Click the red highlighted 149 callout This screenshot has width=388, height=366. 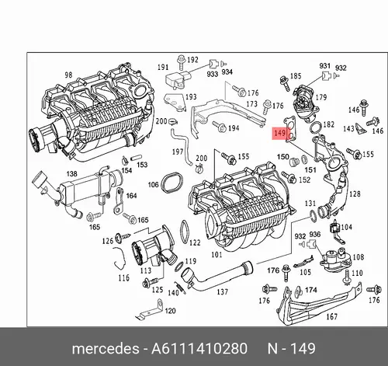click(279, 134)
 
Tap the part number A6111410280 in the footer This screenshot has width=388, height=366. click(199, 348)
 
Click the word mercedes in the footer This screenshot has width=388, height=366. click(106, 349)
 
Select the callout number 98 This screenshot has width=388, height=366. click(68, 75)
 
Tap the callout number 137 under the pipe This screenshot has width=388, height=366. click(222, 292)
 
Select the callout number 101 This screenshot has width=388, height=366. click(217, 255)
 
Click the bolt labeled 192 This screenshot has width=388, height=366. click(182, 62)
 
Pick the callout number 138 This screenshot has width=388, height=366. click(71, 173)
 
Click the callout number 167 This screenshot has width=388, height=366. click(332, 316)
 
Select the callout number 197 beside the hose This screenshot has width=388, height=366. click(178, 152)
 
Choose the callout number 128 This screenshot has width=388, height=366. click(355, 193)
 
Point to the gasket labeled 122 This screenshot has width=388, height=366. click(185, 232)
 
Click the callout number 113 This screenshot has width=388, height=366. click(146, 270)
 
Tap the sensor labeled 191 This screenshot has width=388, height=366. click(178, 79)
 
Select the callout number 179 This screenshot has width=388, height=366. click(321, 97)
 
